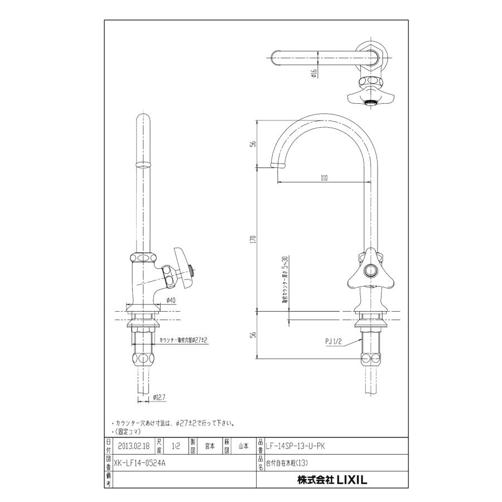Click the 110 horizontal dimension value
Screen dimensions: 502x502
324,178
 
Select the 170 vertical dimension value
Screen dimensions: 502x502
253,239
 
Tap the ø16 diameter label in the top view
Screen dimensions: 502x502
315,73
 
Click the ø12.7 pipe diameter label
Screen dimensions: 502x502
161,398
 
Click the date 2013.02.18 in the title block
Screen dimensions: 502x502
134,446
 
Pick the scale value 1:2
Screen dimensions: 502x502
176,446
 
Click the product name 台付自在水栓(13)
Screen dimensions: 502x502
287,462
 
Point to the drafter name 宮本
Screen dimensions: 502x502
210,446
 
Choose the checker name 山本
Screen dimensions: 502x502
243,446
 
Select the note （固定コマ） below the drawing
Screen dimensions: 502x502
128,431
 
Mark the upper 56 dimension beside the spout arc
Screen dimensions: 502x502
253,143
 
